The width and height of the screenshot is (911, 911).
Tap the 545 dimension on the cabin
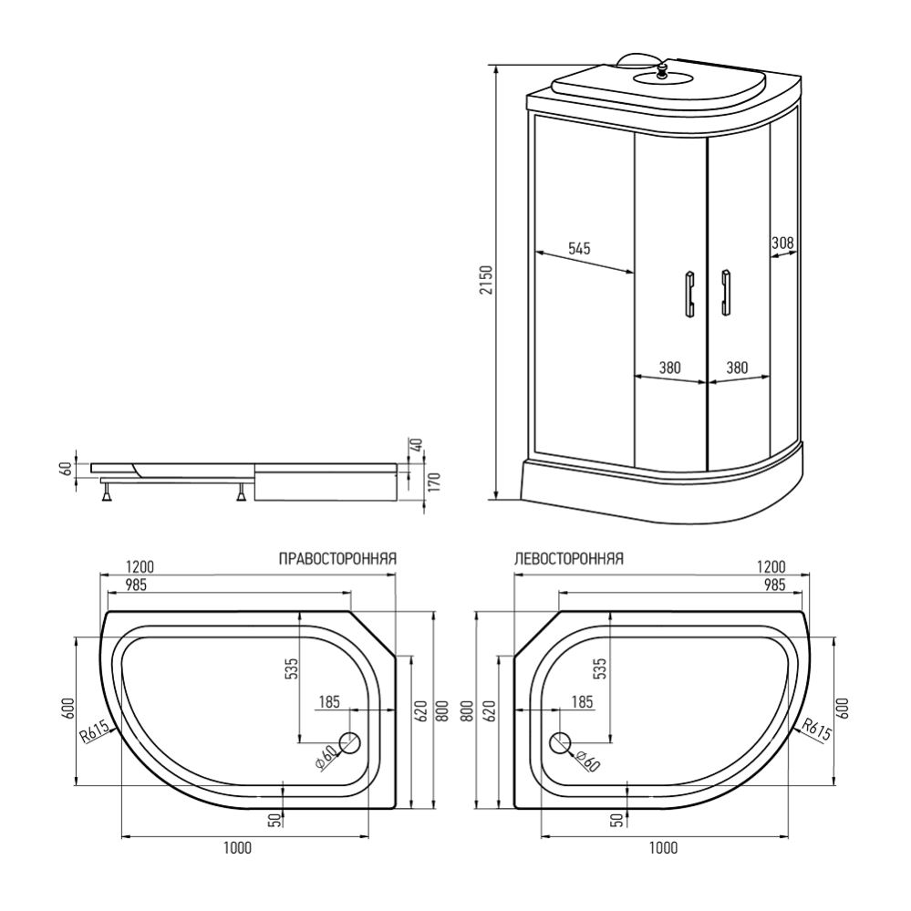tap(580, 248)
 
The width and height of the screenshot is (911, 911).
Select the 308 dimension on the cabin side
tap(782, 243)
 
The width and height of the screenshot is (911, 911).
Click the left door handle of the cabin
tap(688, 294)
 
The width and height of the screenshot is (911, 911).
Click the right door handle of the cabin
tap(726, 293)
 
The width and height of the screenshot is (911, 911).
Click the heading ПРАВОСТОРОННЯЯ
tap(336, 559)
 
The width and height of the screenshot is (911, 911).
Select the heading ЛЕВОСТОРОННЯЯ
tap(568, 559)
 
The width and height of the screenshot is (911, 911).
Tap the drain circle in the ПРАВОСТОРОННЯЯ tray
tap(350, 744)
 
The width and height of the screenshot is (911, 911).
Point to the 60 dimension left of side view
tap(65, 468)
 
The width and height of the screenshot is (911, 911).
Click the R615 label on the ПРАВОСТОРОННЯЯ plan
tap(96, 731)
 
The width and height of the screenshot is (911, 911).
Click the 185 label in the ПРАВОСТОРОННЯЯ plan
tap(329, 702)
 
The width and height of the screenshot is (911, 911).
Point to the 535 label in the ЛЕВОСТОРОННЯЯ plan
tap(598, 668)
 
